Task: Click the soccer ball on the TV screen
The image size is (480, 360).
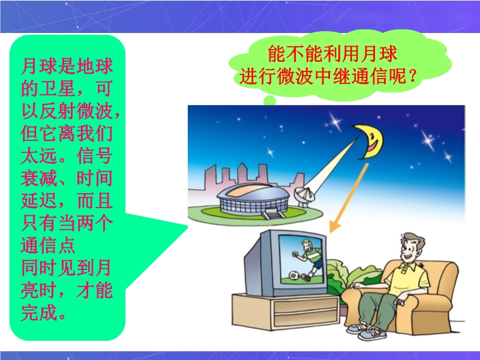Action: pyautogui.click(x=294, y=275)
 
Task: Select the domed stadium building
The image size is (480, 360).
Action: pyautogui.click(x=253, y=199)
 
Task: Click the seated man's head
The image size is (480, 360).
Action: pyautogui.click(x=411, y=247)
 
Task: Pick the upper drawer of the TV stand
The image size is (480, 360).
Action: pyautogui.click(x=305, y=305)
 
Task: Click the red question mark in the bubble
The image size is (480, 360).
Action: pyautogui.click(x=413, y=76)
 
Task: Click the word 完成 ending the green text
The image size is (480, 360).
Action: pyautogui.click(x=38, y=312)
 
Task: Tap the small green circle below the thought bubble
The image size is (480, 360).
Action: pyautogui.click(x=269, y=100)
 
